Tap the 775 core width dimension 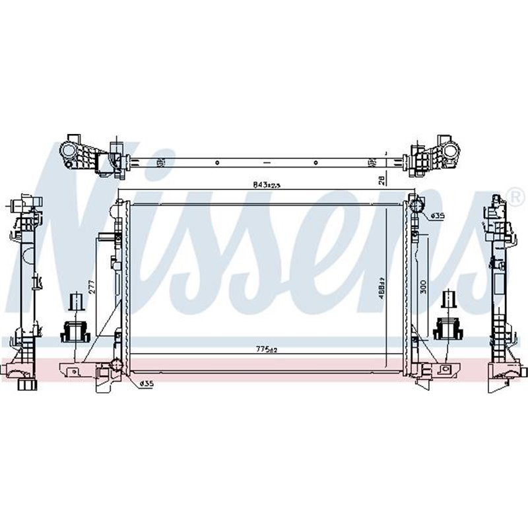[265, 350]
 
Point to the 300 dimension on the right [424, 286]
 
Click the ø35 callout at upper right [436, 215]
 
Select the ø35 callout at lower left [146, 383]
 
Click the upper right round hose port [416, 206]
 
